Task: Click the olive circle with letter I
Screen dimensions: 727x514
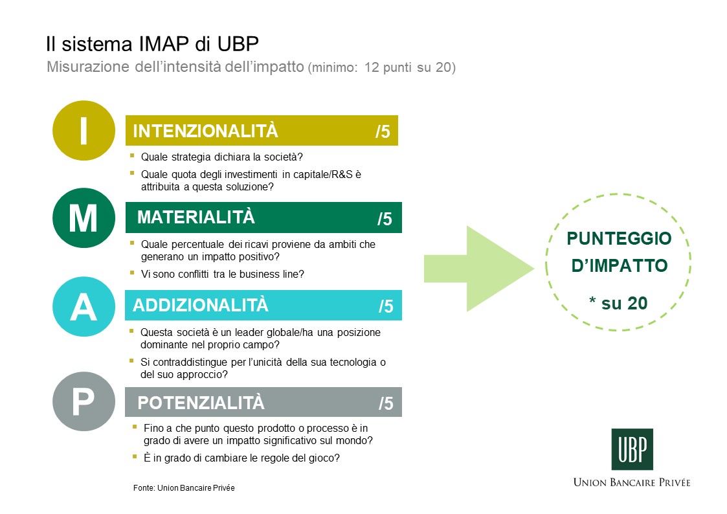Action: click(x=84, y=130)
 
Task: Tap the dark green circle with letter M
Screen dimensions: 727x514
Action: click(x=84, y=218)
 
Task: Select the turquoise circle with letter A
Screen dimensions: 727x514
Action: click(x=84, y=306)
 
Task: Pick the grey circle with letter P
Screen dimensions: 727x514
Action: click(x=84, y=401)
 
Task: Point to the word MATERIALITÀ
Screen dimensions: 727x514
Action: click(x=196, y=217)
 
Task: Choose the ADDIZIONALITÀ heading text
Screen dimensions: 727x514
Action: click(x=201, y=305)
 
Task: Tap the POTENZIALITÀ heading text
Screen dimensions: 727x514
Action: click(x=201, y=402)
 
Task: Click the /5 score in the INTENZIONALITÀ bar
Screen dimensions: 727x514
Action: click(x=383, y=131)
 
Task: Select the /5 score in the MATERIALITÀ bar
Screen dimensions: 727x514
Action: click(x=385, y=219)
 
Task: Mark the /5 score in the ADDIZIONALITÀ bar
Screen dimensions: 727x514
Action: click(x=386, y=306)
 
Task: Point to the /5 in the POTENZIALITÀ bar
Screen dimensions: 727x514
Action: click(x=386, y=403)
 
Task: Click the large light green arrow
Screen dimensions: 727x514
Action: click(x=479, y=269)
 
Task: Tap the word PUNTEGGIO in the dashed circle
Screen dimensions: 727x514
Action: click(x=619, y=238)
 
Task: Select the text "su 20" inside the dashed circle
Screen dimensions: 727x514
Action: click(x=624, y=303)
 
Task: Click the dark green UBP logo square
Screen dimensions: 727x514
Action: click(x=632, y=449)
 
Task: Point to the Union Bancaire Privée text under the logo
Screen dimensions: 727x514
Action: click(x=632, y=482)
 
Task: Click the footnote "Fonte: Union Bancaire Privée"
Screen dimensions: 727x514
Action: click(x=184, y=488)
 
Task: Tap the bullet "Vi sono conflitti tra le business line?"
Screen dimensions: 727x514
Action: click(x=223, y=274)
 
